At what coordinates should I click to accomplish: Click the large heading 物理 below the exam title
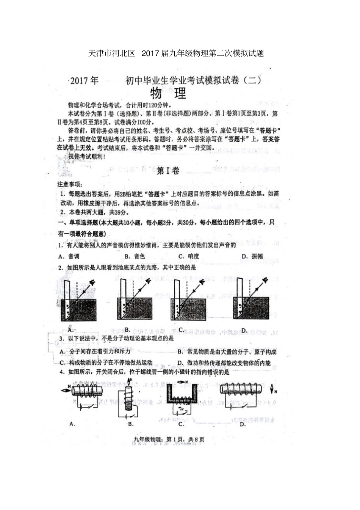[168, 93]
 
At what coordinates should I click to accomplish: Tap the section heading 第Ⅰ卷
[167, 171]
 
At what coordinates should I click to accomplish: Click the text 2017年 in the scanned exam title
[84, 81]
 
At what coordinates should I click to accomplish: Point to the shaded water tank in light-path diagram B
[135, 309]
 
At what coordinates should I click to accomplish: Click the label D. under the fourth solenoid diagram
[243, 424]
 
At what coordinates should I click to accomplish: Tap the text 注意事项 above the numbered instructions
[69, 184]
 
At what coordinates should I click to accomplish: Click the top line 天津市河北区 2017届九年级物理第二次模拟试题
[176, 53]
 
